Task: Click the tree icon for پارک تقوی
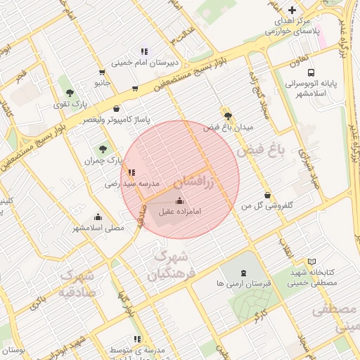(69, 92)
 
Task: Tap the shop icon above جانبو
(103, 72)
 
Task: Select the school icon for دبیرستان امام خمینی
(144, 51)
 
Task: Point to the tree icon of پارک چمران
(103, 149)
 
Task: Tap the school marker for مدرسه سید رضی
(131, 172)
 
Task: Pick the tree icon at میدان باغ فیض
(226, 116)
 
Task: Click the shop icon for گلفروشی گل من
(267, 195)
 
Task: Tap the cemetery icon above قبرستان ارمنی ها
(243, 272)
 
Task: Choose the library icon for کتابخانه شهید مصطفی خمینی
(311, 261)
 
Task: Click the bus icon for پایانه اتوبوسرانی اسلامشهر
(311, 72)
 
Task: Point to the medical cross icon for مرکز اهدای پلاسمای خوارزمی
(292, 10)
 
